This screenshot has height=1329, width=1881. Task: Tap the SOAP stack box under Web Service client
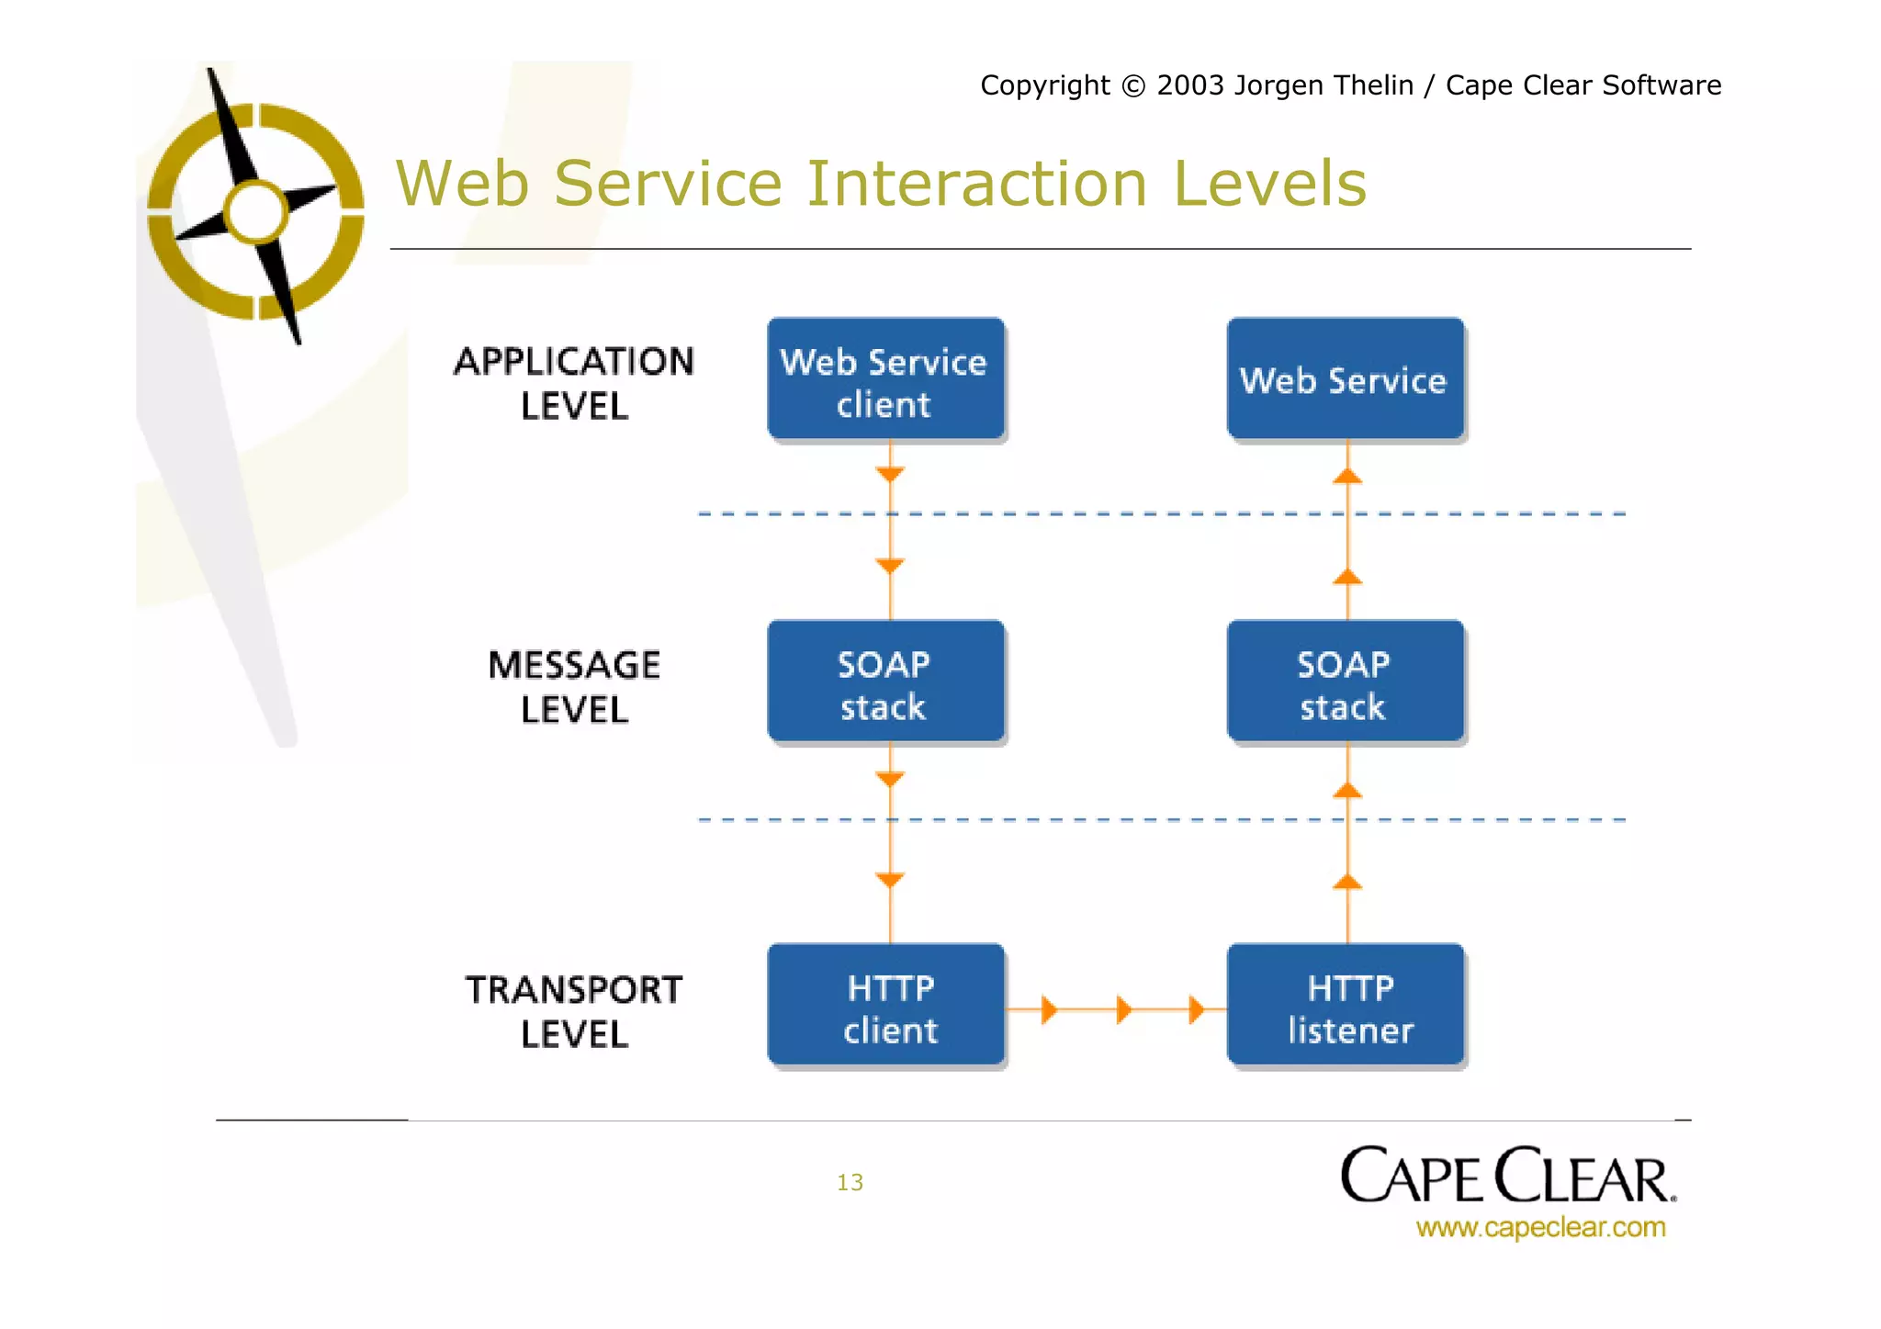pyautogui.click(x=885, y=681)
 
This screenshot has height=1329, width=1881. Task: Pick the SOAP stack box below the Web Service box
pyautogui.click(x=1345, y=681)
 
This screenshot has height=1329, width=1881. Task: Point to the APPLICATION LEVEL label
pyautogui.click(x=574, y=383)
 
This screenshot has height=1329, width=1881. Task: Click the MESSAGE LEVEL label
pyautogui.click(x=574, y=686)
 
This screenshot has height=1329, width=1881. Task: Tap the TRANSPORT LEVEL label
pyautogui.click(x=574, y=1011)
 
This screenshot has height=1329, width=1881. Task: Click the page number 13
pyautogui.click(x=850, y=1182)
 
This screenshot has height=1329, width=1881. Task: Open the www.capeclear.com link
pyautogui.click(x=1540, y=1227)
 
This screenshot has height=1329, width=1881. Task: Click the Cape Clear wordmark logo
pyautogui.click(x=1506, y=1176)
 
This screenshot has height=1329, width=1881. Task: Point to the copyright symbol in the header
pyautogui.click(x=1133, y=85)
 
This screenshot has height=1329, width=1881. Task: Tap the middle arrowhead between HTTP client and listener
pyautogui.click(x=1123, y=1009)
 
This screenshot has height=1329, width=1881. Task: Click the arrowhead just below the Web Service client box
pyautogui.click(x=889, y=474)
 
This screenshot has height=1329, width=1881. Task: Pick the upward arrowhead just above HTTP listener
pyautogui.click(x=1347, y=883)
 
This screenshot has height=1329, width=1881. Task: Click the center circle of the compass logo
pyautogui.click(x=256, y=212)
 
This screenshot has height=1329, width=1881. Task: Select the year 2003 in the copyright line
pyautogui.click(x=1190, y=85)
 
